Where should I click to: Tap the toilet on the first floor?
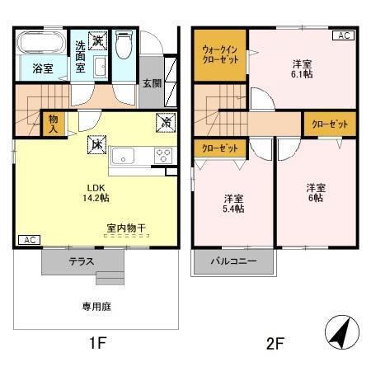point(124,45)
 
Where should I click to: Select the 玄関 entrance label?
point(151,83)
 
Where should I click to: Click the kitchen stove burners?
point(162,156)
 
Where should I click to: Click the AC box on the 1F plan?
point(28,240)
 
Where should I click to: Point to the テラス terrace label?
point(82,261)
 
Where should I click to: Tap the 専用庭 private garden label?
point(96,306)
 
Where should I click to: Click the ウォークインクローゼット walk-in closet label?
point(219,55)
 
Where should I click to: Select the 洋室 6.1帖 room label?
point(301,68)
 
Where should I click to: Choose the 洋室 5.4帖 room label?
point(234,203)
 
